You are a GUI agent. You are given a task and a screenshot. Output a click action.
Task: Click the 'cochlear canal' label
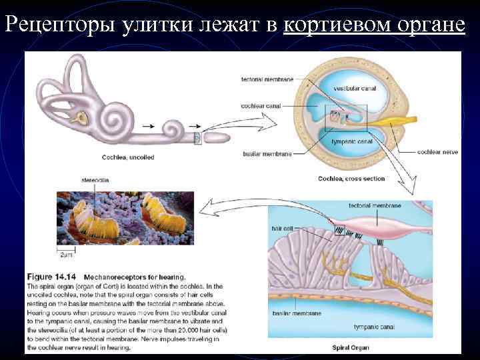pyautogui.click(x=263, y=105)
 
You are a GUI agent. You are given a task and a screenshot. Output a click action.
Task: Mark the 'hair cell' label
pyautogui.click(x=281, y=228)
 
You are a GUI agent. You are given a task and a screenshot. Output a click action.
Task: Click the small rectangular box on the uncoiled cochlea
pyautogui.click(x=197, y=139)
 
